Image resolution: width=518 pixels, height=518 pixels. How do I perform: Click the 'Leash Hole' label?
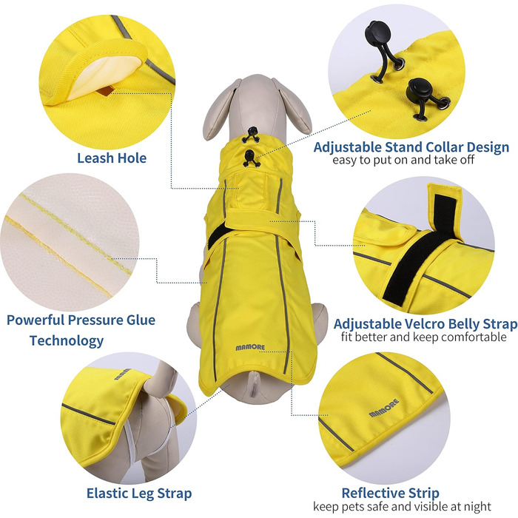point(112,158)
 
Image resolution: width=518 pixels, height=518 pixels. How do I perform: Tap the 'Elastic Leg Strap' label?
point(139,494)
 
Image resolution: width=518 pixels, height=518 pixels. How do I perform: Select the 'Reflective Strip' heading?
point(391,493)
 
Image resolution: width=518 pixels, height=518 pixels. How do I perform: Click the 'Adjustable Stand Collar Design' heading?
point(411,147)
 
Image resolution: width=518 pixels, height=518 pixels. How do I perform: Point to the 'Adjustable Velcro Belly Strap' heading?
point(425,324)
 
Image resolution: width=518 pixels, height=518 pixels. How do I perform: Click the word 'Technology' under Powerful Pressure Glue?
point(67,340)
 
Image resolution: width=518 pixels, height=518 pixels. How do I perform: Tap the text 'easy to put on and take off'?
point(403,161)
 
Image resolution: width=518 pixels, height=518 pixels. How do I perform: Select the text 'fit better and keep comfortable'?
point(424,337)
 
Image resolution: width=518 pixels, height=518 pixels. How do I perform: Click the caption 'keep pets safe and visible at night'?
point(402,506)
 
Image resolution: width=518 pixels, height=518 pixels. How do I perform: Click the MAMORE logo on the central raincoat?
point(250,348)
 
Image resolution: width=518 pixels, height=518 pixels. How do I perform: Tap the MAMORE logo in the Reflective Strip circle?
point(384,408)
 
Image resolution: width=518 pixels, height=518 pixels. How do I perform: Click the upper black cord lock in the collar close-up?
point(377,33)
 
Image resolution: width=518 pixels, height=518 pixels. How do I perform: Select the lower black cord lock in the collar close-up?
point(419,89)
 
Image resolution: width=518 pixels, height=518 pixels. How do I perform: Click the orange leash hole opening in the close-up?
point(107,90)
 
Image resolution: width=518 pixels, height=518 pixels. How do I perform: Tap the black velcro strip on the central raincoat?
point(217,235)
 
